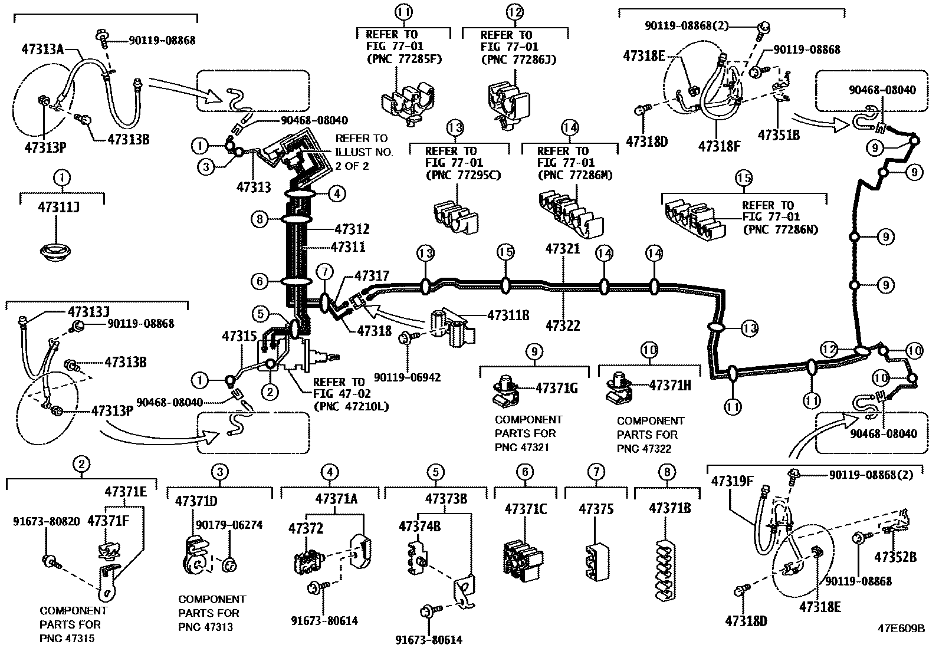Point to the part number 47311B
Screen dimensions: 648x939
508,315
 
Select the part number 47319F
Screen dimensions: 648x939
732,480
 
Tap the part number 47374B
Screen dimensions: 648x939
419,526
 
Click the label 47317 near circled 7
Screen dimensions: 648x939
372,275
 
